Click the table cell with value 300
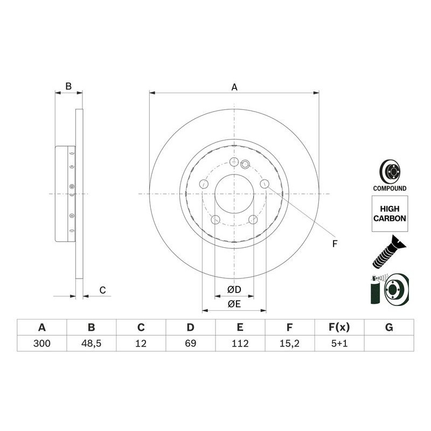(41, 343)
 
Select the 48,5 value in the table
(92, 343)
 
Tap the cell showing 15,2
(289, 343)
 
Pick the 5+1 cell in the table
(339, 343)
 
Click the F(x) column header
(339, 327)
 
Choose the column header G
(389, 327)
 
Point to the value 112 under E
(240, 343)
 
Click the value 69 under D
(190, 343)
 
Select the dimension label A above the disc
(234, 87)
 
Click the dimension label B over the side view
(68, 86)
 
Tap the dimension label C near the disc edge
(102, 290)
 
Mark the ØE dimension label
(234, 304)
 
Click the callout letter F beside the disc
(334, 244)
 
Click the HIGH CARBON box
(390, 214)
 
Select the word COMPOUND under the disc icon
(390, 189)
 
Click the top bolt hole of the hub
(234, 162)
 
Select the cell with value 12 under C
(141, 343)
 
